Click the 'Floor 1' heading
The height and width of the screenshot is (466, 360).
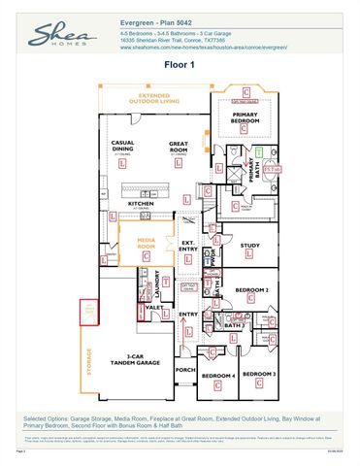[180, 65]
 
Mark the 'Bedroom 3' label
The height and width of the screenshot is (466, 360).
[258, 374]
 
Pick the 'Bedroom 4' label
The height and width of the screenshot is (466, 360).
[217, 375]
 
